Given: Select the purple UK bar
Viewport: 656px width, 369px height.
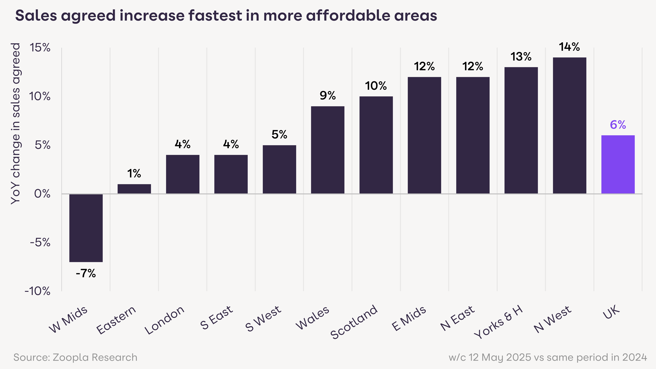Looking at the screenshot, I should [618, 165].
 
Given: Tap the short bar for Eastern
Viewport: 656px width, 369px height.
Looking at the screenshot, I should [134, 189].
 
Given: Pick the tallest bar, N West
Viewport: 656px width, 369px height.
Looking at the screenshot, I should [569, 126].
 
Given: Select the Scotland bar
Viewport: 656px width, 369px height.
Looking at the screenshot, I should [376, 145].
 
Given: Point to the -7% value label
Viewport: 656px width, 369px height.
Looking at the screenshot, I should [86, 274].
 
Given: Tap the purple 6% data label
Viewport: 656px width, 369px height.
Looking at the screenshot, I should [618, 125].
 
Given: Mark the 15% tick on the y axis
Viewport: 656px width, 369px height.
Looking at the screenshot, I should [40, 48].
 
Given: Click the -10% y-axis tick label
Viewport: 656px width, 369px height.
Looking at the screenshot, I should [37, 291].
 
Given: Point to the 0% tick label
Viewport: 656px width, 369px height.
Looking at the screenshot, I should [42, 194].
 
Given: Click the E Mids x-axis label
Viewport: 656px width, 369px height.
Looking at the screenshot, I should [409, 318].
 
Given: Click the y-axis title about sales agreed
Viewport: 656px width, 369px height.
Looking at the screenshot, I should [16, 124].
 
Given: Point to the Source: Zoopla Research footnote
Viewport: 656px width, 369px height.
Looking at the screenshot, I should [75, 357].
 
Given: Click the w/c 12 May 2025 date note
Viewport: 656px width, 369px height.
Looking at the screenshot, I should [548, 357].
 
